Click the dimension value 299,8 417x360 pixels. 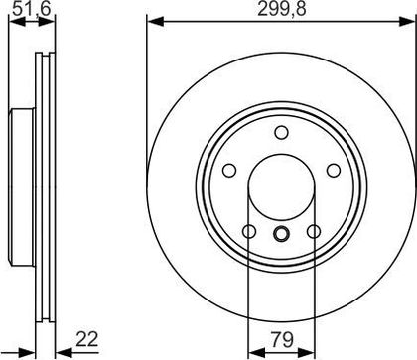click(282, 10)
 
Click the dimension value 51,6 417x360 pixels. click(32, 9)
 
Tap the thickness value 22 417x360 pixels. click(87, 339)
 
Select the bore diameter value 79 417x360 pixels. click(282, 340)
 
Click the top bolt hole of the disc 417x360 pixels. click(281, 133)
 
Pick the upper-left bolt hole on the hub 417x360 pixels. click(229, 171)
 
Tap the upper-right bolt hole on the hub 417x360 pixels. click(334, 171)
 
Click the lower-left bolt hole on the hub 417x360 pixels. click(249, 231)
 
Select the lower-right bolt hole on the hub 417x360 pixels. click(314, 231)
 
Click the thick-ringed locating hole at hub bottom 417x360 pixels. click(281, 234)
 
